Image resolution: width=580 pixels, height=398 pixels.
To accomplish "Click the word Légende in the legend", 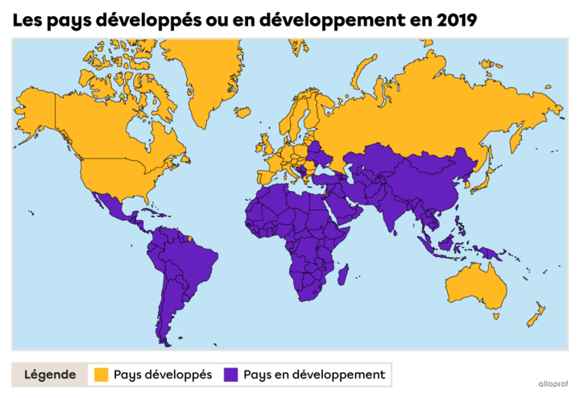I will (50, 375).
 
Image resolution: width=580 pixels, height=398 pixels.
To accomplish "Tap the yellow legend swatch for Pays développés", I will (101, 375).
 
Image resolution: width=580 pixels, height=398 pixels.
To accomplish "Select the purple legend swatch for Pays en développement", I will (231, 375).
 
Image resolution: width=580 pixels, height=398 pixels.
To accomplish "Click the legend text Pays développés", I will (163, 375).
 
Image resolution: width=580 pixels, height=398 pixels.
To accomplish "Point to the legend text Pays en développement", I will (314, 375).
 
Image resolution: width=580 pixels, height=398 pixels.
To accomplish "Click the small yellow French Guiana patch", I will (190, 238).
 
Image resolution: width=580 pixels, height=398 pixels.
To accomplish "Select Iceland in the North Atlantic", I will (242, 112).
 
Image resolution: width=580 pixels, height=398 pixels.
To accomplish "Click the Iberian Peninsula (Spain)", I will (266, 174).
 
